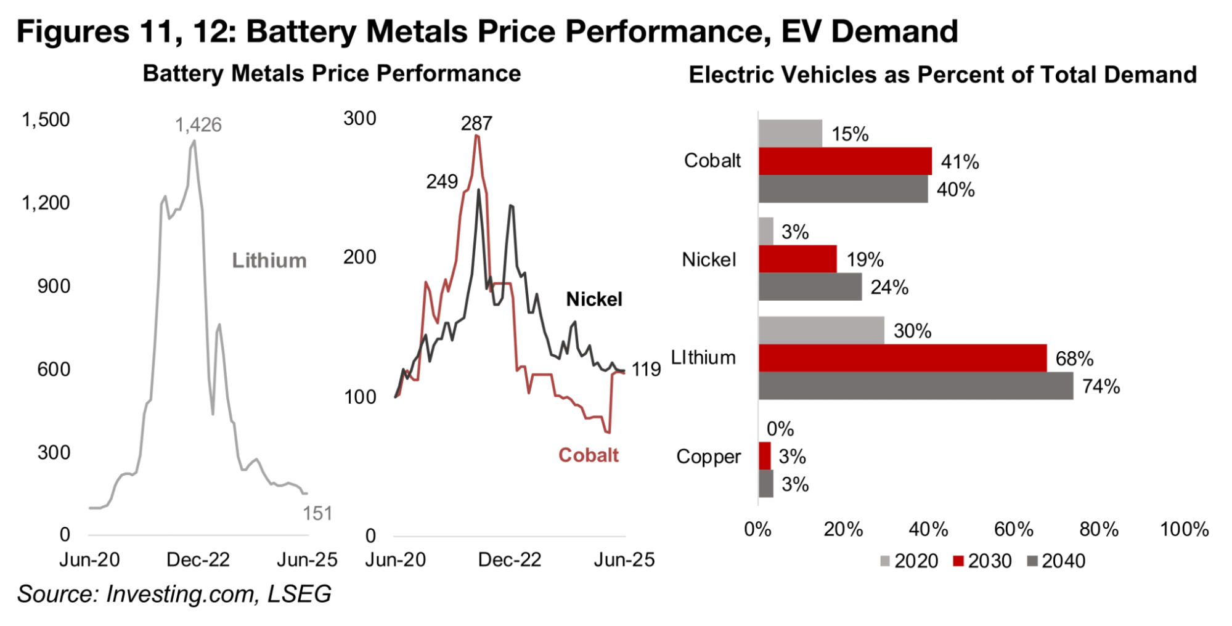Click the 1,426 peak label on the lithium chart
(198, 125)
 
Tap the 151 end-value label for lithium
(317, 513)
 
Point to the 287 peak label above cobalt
(476, 123)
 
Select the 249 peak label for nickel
(442, 182)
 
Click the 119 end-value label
(646, 370)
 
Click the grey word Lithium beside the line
(269, 261)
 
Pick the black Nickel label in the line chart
(594, 299)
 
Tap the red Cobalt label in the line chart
(589, 455)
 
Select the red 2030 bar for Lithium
(902, 358)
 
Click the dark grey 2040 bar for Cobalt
(842, 189)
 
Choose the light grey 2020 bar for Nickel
(765, 231)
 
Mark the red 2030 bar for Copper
(764, 456)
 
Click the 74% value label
(1101, 386)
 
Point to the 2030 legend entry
(982, 561)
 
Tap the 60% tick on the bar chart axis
(1014, 529)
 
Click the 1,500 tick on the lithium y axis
(46, 120)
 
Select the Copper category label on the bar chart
(708, 457)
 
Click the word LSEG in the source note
(299, 594)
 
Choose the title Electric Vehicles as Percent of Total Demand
(942, 75)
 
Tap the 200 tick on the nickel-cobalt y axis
(359, 257)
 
